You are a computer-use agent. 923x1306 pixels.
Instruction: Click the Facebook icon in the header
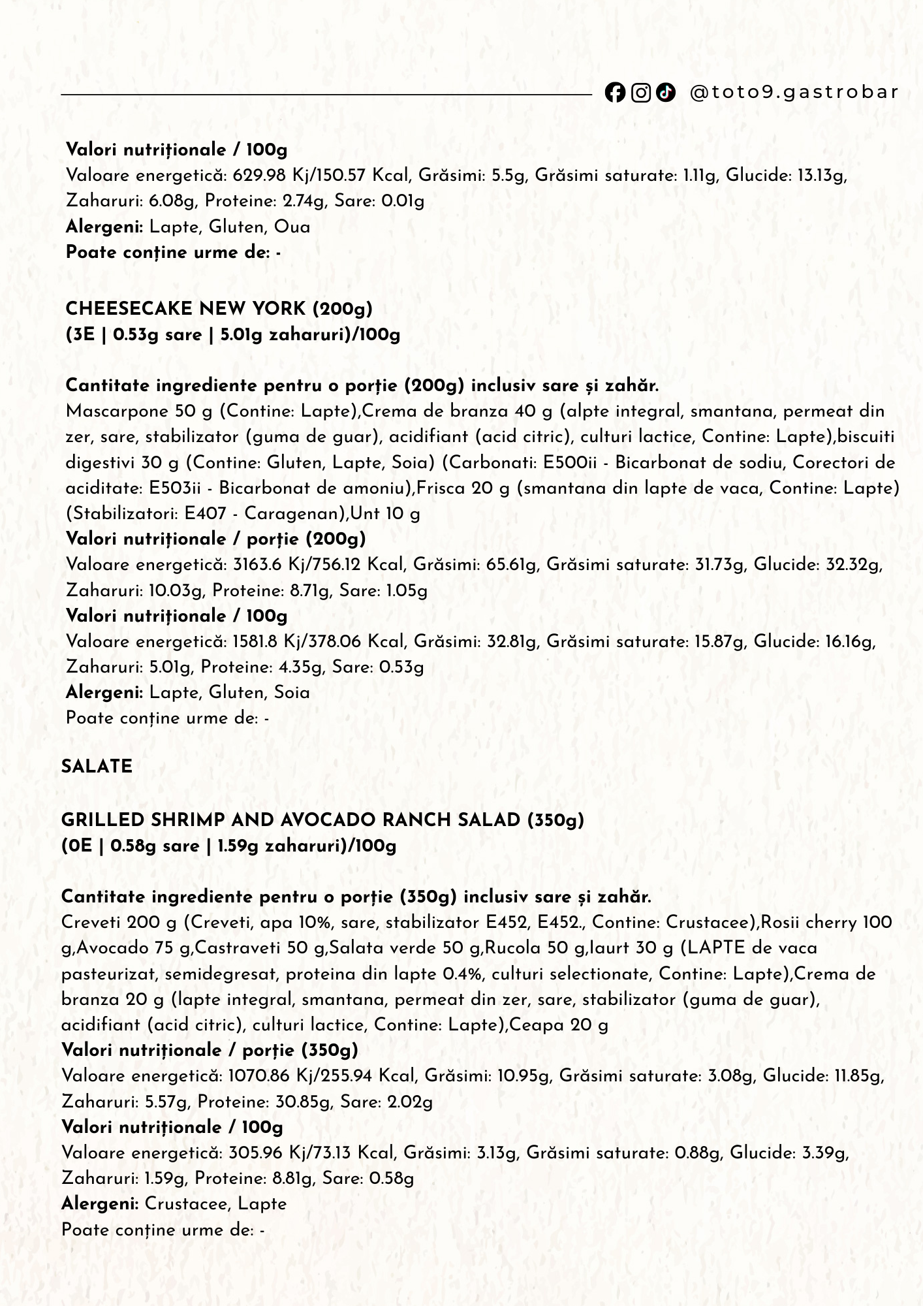[x=614, y=93]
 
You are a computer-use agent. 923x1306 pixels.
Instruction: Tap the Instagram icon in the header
[x=641, y=93]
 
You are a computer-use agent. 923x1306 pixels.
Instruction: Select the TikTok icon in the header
[x=666, y=93]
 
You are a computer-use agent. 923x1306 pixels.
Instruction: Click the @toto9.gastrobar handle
[x=794, y=92]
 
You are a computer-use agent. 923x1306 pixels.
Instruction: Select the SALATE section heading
[x=97, y=767]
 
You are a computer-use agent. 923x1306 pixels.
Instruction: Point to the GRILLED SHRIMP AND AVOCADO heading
[x=322, y=820]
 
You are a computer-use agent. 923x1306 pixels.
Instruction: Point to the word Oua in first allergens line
[x=292, y=227]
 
